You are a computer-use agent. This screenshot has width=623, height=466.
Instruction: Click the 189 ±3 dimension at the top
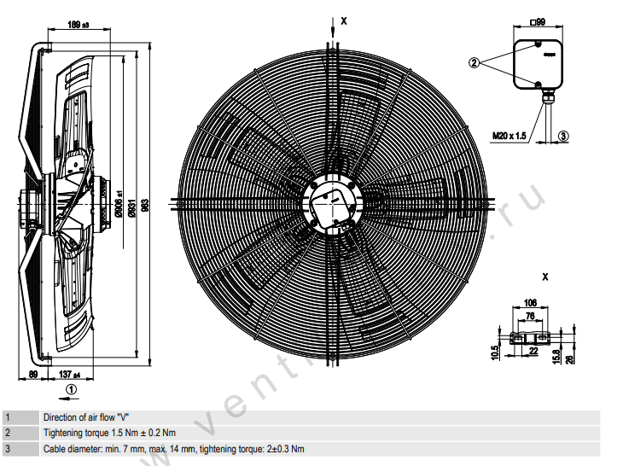[x=82, y=25]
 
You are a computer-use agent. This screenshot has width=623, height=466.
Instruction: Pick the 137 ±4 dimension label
[x=70, y=375]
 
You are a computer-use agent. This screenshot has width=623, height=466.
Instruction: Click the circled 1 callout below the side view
[x=72, y=389]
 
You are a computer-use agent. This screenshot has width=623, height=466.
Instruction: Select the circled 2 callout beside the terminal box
[x=475, y=61]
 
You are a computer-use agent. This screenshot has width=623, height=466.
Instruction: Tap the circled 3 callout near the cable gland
[x=563, y=135]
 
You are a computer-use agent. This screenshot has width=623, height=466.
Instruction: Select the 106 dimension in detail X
[x=529, y=302]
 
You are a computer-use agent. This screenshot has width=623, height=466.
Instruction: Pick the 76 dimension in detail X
[x=529, y=316]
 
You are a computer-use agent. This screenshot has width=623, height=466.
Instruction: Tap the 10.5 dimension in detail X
[x=496, y=352]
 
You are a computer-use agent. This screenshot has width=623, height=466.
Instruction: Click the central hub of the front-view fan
[x=329, y=203]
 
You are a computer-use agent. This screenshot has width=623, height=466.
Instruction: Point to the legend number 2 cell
[x=7, y=434]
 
